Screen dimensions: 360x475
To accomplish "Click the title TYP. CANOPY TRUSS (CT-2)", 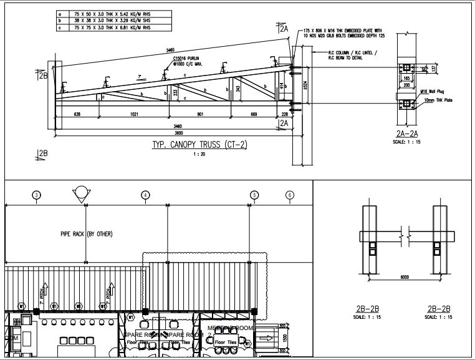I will click(x=200, y=145).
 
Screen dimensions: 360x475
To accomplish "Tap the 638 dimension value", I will click(x=77, y=114).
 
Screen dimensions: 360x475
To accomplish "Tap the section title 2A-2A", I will click(x=406, y=134).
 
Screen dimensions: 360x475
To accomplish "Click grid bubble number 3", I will click(x=37, y=195).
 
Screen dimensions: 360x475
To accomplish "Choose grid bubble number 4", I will click(x=145, y=195).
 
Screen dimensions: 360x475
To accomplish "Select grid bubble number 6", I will click(x=289, y=195).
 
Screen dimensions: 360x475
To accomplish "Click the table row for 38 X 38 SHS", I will click(x=110, y=20).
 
